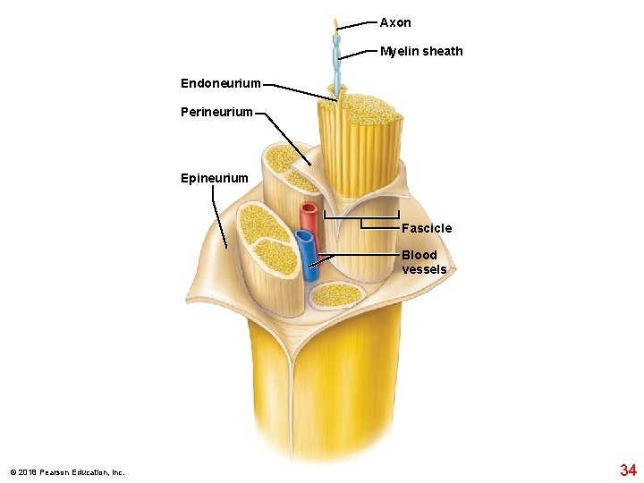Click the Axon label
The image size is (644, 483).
coord(395,22)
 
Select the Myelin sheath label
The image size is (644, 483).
coord(421,51)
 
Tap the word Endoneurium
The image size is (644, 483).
coord(221,83)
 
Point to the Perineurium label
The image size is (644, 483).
coord(216,113)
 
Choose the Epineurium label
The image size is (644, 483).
coord(215,178)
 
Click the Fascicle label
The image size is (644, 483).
coord(427,228)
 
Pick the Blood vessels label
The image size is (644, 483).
coord(424,262)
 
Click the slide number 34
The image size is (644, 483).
coord(628,470)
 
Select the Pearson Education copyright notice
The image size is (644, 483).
coord(67,472)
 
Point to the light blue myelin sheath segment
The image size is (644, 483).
coord(337,54)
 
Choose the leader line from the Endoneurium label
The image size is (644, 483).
coord(300,91)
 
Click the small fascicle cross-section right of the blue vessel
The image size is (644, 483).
coord(335,293)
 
